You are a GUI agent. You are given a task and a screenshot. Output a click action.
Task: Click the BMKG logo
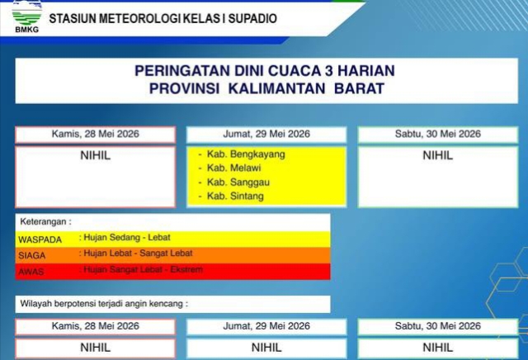[27, 17]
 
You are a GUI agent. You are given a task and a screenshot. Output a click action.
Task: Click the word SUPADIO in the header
[252, 18]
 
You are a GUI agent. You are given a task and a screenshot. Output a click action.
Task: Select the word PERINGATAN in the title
[182, 71]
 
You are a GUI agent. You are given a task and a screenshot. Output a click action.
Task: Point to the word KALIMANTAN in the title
[276, 88]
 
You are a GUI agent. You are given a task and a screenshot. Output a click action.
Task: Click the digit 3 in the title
[328, 71]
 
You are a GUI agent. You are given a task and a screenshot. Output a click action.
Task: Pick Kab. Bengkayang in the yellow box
[246, 154]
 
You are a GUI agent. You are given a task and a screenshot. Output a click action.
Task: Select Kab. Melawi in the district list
[233, 168]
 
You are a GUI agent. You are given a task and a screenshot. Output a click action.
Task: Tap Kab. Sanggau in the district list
[238, 182]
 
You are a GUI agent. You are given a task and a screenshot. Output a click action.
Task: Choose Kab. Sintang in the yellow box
[235, 197]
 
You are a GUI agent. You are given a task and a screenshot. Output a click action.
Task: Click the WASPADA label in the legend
[40, 239]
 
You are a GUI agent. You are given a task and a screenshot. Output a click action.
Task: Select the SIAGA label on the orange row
[31, 255]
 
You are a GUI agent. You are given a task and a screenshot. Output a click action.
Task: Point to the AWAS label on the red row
[31, 272]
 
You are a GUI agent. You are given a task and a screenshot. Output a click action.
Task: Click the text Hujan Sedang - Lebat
[127, 237]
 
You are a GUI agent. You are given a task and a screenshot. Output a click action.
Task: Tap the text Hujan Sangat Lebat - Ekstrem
[143, 269]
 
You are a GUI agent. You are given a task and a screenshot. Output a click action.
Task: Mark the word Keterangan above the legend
[44, 221]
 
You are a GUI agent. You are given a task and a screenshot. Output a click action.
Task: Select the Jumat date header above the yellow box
[266, 134]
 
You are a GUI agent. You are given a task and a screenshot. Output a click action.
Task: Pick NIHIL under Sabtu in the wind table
[438, 348]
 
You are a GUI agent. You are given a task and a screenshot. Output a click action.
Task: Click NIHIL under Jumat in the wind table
[266, 348]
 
